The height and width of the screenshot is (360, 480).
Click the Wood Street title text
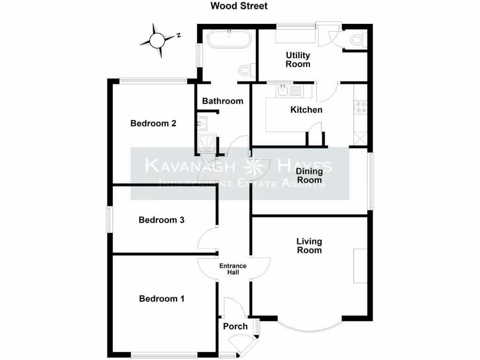239,6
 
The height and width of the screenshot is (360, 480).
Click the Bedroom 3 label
161,220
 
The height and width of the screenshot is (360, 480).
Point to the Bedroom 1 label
162,299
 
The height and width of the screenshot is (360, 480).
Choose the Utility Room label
298,60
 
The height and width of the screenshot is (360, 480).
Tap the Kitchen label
307,110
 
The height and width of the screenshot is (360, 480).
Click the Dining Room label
309,176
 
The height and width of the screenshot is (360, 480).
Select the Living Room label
309,246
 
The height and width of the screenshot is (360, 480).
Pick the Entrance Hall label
233,269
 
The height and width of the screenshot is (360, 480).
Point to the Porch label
235,326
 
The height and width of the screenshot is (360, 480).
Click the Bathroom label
223,101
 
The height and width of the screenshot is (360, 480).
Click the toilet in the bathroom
247,70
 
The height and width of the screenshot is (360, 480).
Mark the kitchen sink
283,90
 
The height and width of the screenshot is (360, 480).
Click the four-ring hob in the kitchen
360,107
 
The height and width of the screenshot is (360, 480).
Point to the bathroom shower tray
207,143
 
